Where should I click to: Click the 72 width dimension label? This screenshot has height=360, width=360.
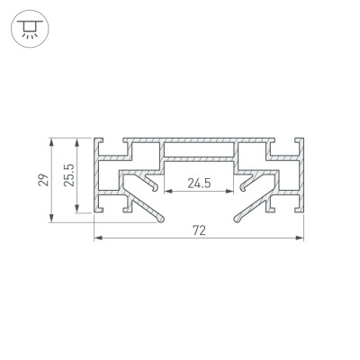pos(199,230)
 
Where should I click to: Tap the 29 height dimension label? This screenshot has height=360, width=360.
pos(44,180)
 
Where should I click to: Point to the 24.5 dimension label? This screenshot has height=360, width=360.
pos(199,183)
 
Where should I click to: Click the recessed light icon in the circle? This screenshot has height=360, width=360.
pos(30,29)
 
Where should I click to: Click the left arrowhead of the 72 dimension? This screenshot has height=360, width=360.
pos(98,238)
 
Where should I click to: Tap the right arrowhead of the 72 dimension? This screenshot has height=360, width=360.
pos(300,238)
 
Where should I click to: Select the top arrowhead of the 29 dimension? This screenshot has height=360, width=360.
pos(51,142)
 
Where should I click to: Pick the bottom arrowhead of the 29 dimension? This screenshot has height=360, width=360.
pos(51,218)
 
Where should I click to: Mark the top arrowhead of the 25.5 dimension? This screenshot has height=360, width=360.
pos(77,142)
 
